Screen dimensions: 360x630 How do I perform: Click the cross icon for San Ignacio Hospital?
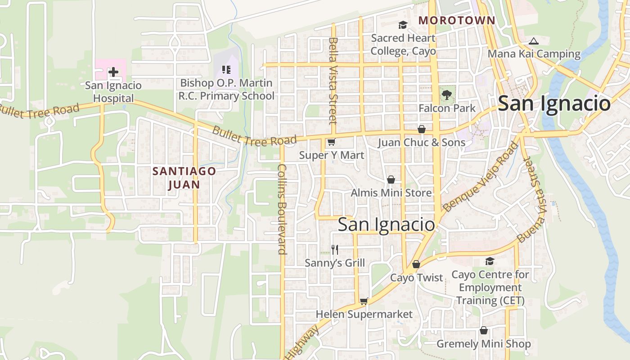coord(113,72)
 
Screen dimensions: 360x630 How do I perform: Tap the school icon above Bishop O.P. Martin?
coord(226,70)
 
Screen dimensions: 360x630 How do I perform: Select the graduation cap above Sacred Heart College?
coord(402,25)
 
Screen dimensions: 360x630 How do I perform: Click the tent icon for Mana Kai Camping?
coord(533,41)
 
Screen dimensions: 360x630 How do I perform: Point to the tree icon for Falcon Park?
coord(446,95)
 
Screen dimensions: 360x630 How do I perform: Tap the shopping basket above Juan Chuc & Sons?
coord(422,129)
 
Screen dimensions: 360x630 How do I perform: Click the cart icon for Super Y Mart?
coord(331,142)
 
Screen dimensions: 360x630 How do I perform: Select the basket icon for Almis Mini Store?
coord(391,180)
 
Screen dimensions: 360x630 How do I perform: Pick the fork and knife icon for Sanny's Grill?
coord(334,250)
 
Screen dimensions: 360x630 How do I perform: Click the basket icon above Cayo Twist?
coord(416,264)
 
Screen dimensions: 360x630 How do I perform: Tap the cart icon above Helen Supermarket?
coord(364,301)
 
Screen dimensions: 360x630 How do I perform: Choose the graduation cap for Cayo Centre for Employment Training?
coord(490,261)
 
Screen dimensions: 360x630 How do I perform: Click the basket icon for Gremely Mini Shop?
coord(484,330)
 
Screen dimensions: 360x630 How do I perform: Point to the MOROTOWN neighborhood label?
coord(456,20)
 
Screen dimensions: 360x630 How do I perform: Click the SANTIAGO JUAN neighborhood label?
coord(184,178)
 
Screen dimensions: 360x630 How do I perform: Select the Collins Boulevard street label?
coord(282,209)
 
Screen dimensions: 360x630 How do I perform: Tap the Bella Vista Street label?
coord(333,81)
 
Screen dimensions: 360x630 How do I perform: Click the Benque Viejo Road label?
coord(480,177)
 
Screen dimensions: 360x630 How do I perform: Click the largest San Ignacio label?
coord(554,103)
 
